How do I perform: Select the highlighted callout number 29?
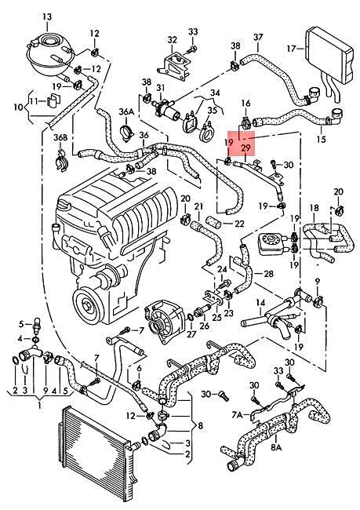[246, 147]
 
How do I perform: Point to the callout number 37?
[258, 37]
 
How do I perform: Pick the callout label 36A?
[126, 112]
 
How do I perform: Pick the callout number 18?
[314, 209]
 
